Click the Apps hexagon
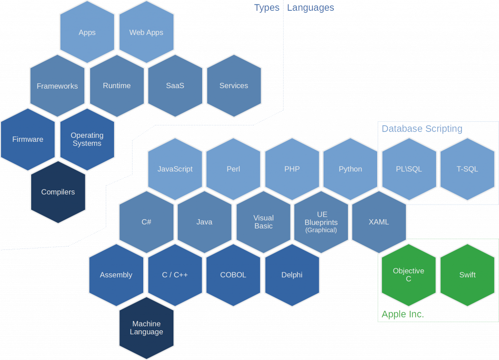coord(87,33)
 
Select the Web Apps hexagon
coord(146,33)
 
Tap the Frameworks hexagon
coord(58,86)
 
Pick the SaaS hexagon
coord(175,86)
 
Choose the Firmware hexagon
coord(28,139)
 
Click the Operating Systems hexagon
coord(87,139)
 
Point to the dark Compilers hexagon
coord(58,192)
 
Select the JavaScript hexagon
coord(175,169)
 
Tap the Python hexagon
coord(350,169)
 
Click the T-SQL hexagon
coord(467,169)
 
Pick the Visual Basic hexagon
coord(264,222)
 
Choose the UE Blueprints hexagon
coord(321,222)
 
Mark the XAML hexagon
coord(379,222)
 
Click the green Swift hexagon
coord(467,275)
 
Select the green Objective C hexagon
coord(409,275)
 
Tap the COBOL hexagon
coord(233,275)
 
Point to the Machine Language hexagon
coord(146,328)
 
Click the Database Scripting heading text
coord(422,129)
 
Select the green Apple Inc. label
coord(403,315)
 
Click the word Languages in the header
coord(310,8)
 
